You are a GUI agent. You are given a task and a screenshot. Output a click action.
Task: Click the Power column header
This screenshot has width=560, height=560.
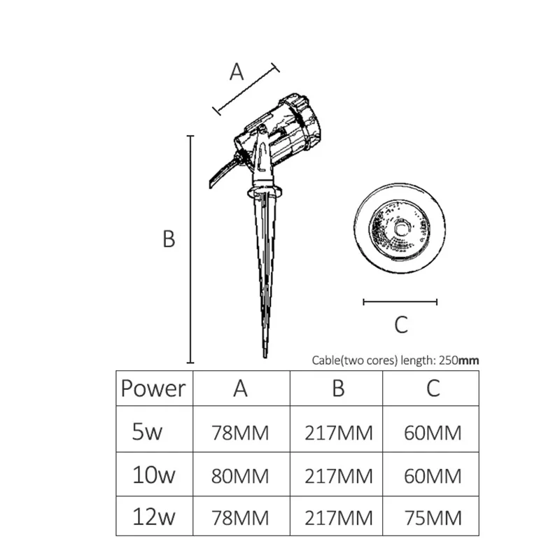pyautogui.click(x=153, y=388)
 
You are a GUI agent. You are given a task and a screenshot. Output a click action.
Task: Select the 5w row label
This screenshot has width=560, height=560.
pyautogui.click(x=147, y=431)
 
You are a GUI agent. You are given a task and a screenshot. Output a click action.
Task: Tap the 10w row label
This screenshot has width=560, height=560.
pyautogui.click(x=153, y=475)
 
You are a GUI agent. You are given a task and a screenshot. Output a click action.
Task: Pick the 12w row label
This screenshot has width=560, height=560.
pyautogui.click(x=153, y=518)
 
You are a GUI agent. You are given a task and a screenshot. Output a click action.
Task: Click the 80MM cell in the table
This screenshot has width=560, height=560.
pyautogui.click(x=240, y=476)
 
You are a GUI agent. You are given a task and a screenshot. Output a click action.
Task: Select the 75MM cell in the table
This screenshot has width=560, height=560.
pyautogui.click(x=433, y=519)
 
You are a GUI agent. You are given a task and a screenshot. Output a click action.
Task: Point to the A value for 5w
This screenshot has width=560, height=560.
pyautogui.click(x=240, y=433)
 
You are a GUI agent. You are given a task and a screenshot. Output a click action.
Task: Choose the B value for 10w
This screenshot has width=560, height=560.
pyautogui.click(x=339, y=476)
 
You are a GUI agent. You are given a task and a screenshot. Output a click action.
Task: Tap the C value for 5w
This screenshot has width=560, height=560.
pyautogui.click(x=433, y=433)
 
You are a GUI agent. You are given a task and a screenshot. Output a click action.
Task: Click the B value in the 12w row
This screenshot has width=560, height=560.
pyautogui.click(x=339, y=519)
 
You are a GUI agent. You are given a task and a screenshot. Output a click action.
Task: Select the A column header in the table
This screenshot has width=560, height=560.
pyautogui.click(x=240, y=388)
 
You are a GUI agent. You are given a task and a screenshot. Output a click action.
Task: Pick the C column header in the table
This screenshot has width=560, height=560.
pyautogui.click(x=433, y=388)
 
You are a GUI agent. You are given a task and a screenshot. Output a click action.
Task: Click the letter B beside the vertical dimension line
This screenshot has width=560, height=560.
pyautogui.click(x=169, y=239)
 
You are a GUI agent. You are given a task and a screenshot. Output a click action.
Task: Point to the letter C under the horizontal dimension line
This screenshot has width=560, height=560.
pyautogui.click(x=400, y=325)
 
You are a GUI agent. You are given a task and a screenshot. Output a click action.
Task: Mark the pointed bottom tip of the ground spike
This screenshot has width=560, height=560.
pyautogui.click(x=265, y=356)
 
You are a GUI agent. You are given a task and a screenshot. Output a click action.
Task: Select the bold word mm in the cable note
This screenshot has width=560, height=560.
pyautogui.click(x=468, y=360)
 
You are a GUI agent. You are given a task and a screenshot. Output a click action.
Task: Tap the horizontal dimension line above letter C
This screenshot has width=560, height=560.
pyautogui.click(x=400, y=302)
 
